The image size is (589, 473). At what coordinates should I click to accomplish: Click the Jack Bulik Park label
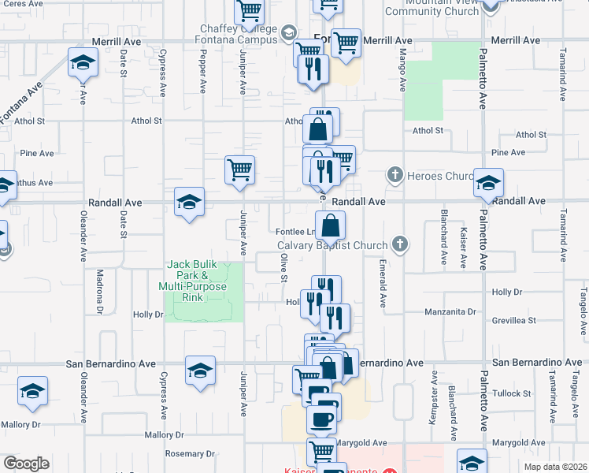193,281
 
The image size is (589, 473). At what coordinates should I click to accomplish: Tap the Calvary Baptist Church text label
333,245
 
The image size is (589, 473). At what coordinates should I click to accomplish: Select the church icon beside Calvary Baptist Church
400,244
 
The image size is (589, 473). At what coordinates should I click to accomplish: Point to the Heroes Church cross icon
395,174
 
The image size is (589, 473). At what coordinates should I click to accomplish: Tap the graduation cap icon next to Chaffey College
288,32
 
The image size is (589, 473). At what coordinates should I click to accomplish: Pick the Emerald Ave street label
382,283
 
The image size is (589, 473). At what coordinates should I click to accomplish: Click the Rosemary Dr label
185,454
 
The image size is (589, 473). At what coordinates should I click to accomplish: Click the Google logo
26,464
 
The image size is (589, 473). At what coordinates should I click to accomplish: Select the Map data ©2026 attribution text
554,467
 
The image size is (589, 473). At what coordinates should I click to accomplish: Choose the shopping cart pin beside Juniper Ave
239,169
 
